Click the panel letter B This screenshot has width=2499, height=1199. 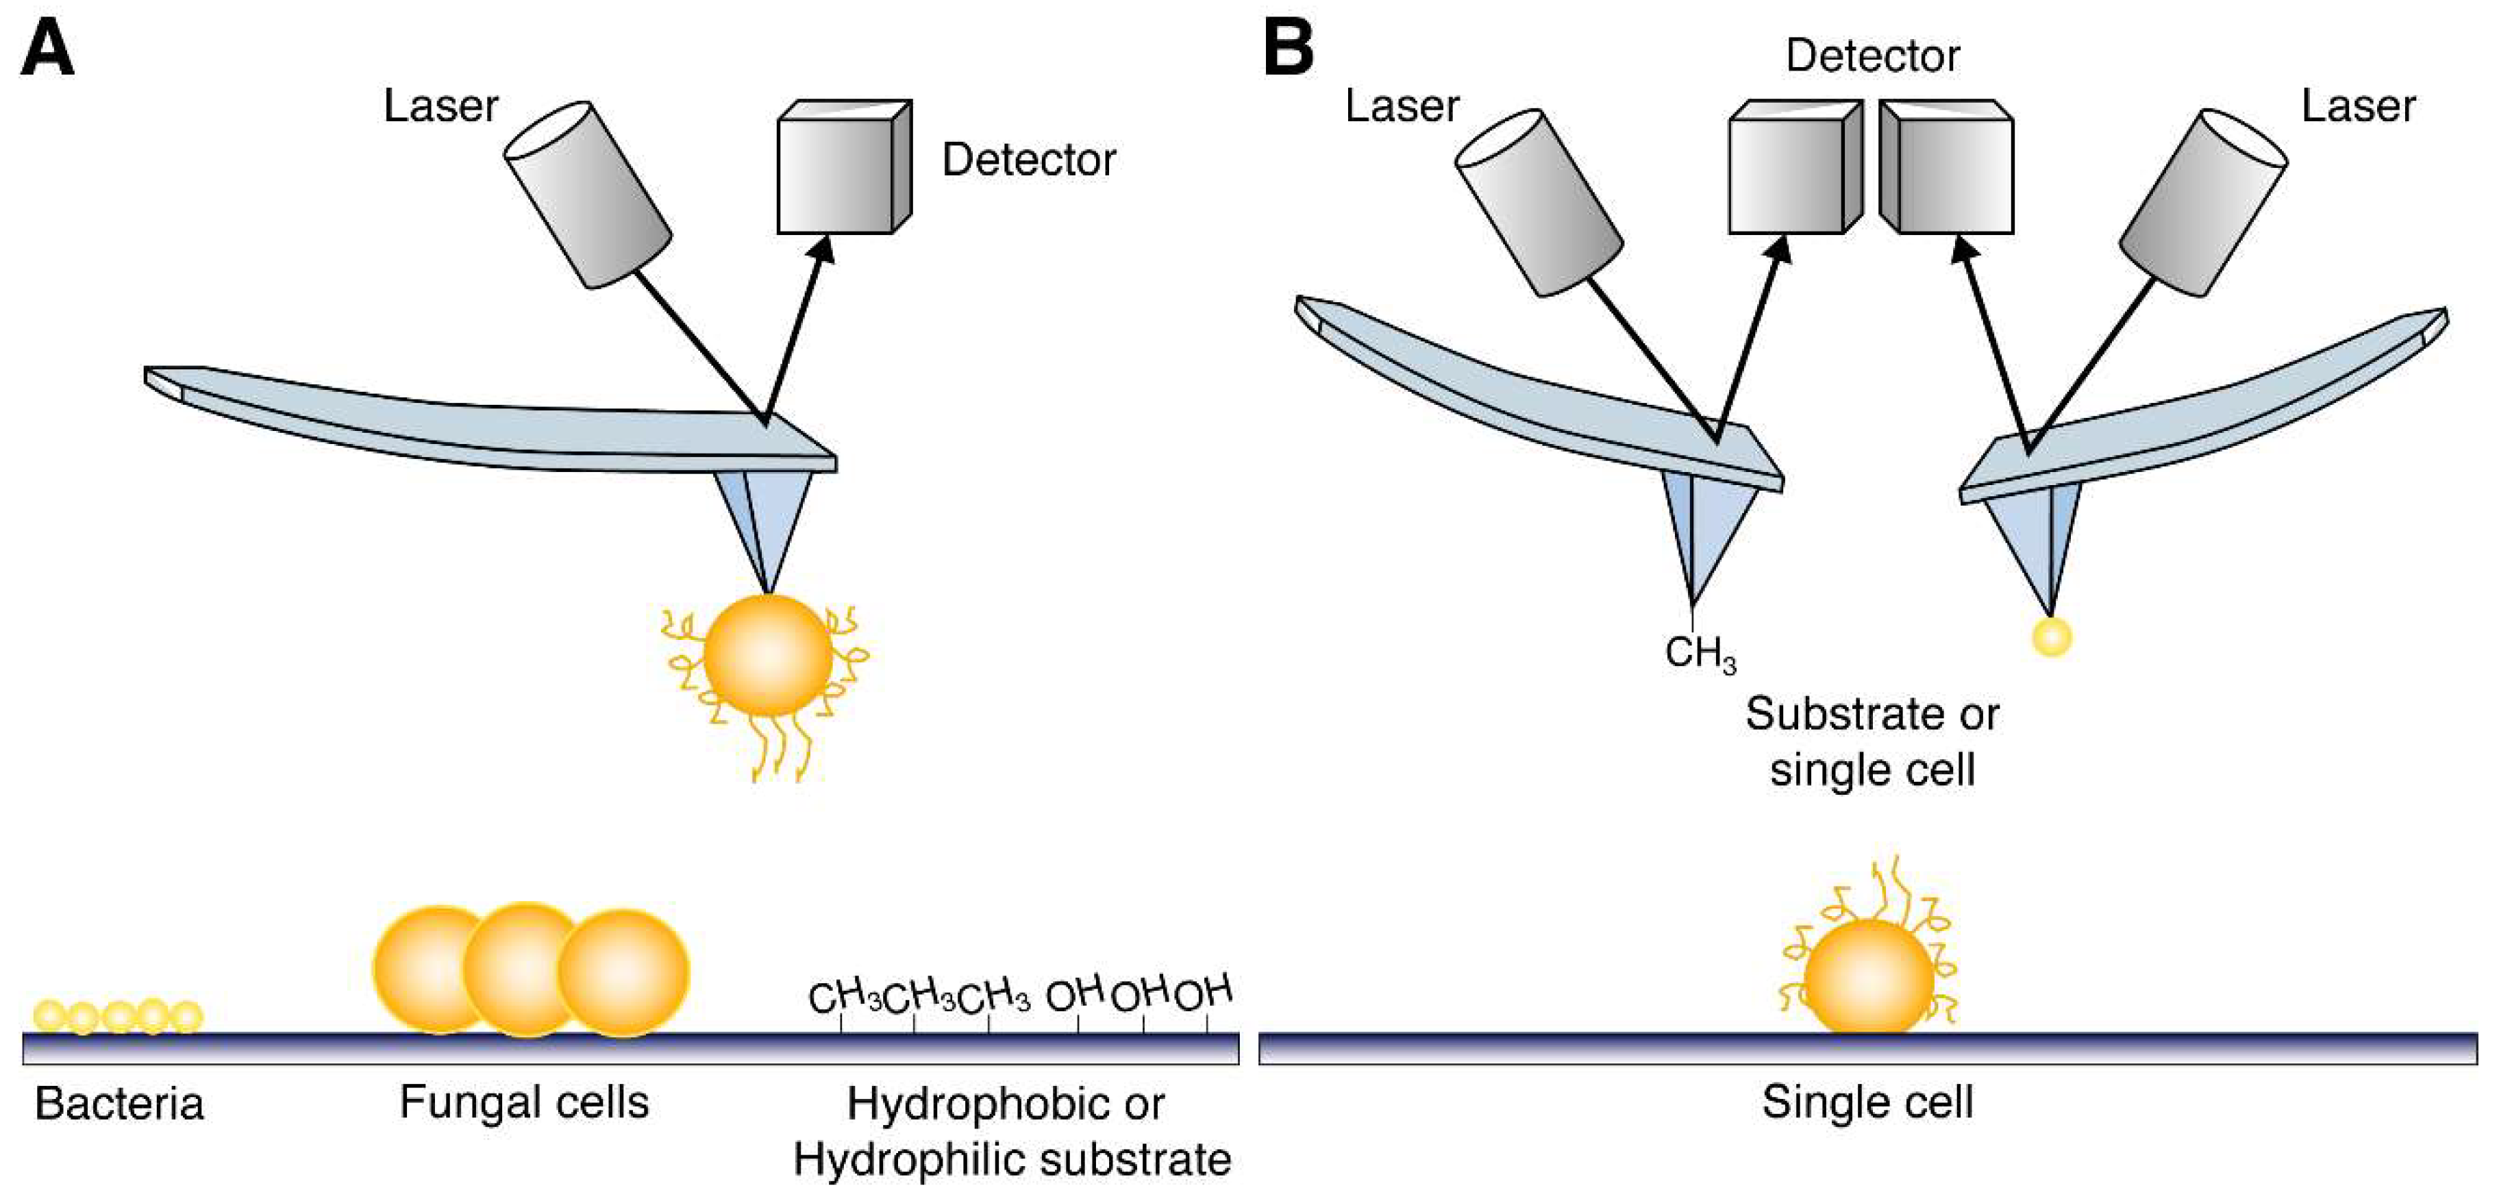tap(1289, 49)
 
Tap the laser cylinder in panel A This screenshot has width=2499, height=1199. tap(588, 194)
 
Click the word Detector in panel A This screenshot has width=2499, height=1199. tap(1028, 160)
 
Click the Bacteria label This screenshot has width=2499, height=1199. tap(119, 1104)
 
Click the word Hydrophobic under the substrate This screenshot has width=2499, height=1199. tap(973, 1104)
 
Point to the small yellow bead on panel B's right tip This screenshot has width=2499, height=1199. tap(2052, 637)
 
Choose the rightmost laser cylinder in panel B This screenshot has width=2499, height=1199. tap(2203, 201)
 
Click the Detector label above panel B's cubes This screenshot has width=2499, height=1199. tap(1872, 56)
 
